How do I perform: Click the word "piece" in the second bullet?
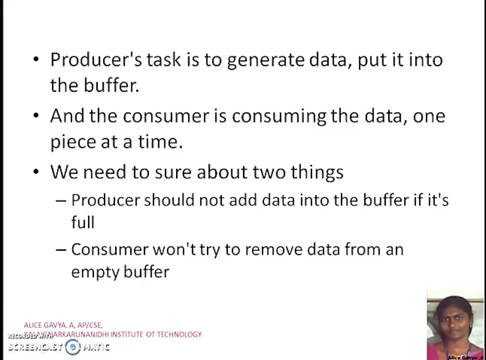click(71, 143)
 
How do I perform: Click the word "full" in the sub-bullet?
click(83, 222)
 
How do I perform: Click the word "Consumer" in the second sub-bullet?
click(110, 250)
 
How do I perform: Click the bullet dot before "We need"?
click(36, 171)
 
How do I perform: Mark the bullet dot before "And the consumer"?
click(36, 115)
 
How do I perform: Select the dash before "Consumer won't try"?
click(61, 250)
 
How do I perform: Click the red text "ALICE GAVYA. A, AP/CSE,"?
click(63, 325)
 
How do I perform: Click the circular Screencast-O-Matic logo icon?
click(73, 347)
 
